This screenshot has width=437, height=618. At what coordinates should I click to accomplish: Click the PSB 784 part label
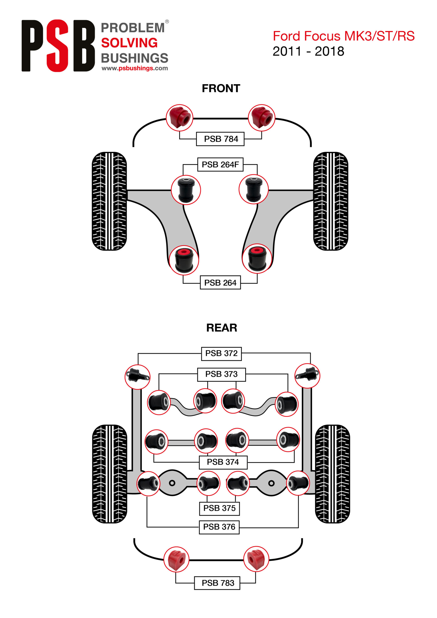(x=220, y=139)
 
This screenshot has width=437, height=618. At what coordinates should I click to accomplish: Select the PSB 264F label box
(x=220, y=164)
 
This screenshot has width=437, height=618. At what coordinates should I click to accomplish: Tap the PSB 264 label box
(x=220, y=283)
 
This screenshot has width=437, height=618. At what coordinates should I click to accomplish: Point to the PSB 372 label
(x=221, y=353)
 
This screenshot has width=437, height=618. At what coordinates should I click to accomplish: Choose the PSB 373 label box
(x=221, y=374)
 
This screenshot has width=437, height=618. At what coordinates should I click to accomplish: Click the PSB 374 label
(x=223, y=462)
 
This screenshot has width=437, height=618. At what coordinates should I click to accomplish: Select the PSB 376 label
(x=219, y=527)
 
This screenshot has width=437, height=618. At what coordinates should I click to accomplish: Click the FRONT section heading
(x=221, y=88)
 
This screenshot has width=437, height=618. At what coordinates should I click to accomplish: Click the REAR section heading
(x=222, y=328)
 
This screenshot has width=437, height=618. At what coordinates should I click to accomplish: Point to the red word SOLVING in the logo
(x=129, y=43)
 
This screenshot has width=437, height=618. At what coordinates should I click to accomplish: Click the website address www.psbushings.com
(x=135, y=68)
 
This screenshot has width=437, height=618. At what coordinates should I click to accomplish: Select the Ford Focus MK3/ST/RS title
(x=344, y=36)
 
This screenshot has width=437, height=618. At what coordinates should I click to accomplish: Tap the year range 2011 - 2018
(x=308, y=51)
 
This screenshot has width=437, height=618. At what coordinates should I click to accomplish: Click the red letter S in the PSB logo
(x=57, y=46)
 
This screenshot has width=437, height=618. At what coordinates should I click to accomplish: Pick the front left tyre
(x=109, y=201)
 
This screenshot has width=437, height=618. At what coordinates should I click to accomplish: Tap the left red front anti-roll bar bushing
(x=180, y=118)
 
